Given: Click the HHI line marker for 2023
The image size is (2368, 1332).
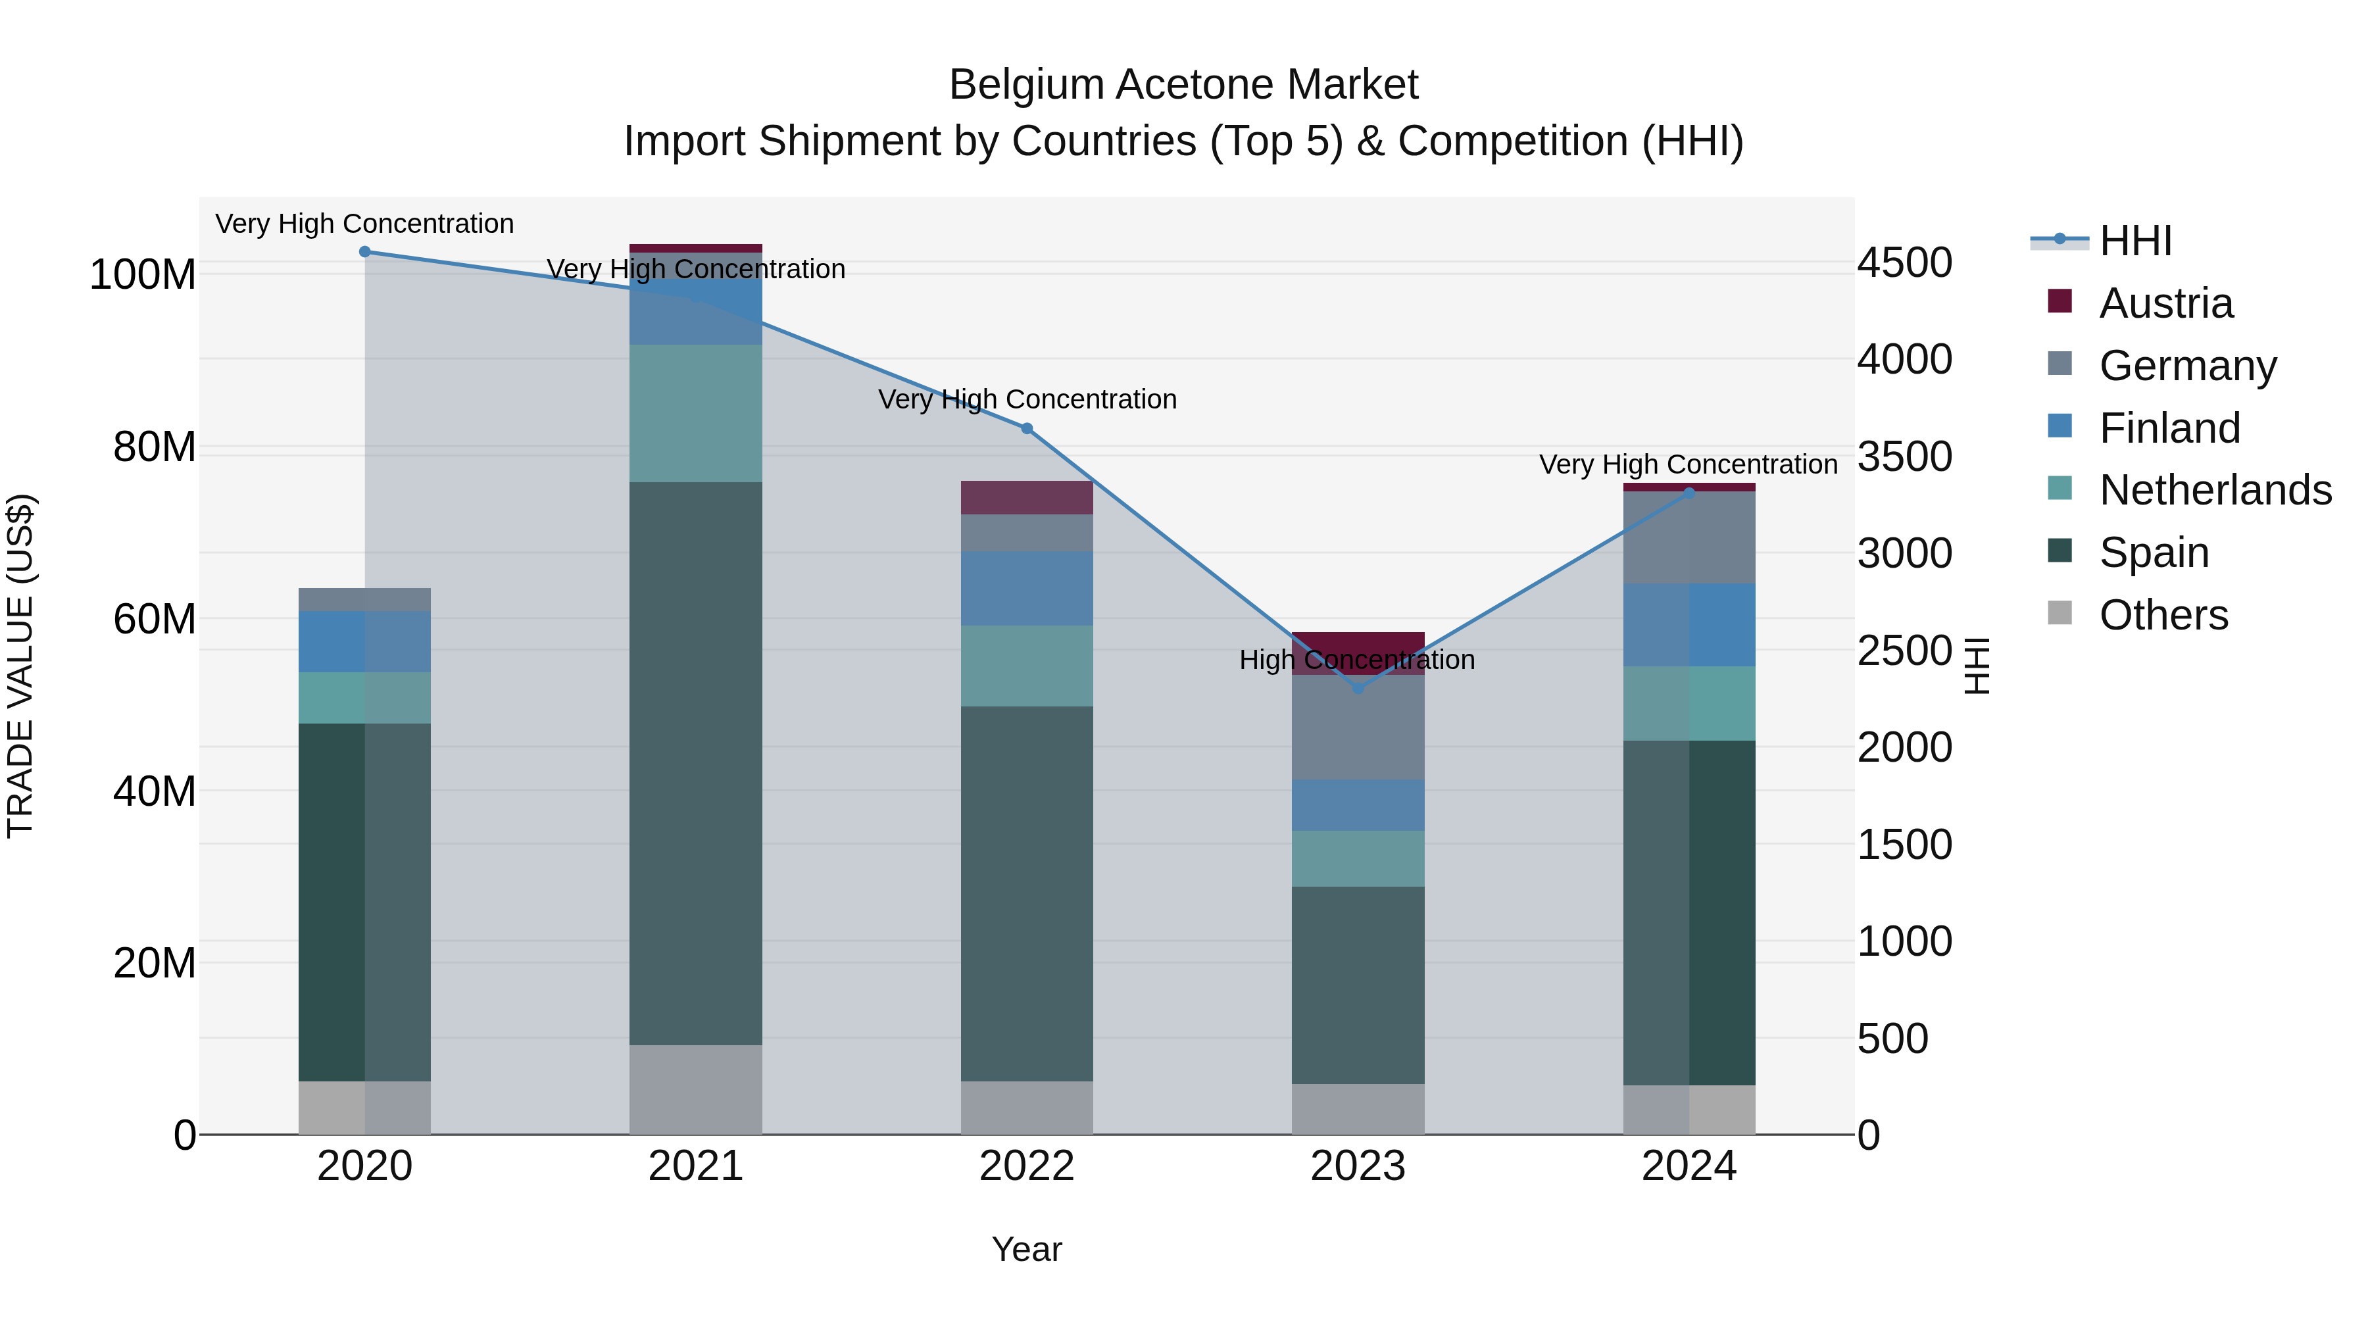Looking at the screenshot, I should click(x=1358, y=687).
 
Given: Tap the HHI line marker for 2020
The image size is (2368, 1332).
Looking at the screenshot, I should click(x=365, y=252).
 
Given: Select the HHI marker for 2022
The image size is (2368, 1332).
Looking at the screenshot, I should click(x=1027, y=428).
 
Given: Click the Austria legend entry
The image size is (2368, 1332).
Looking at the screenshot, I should click(x=2165, y=303).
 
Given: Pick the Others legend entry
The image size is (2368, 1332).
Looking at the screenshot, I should click(x=2163, y=615).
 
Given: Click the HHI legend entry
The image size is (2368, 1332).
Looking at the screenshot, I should click(x=2135, y=241).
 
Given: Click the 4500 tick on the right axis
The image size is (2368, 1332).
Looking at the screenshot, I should click(x=1905, y=263).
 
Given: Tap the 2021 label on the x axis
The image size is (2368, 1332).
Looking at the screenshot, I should click(x=696, y=1166).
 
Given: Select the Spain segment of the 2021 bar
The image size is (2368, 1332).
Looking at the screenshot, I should click(x=696, y=763).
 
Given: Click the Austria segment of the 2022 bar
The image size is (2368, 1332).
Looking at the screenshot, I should click(x=1027, y=497).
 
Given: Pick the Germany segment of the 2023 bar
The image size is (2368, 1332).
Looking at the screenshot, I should click(x=1358, y=727).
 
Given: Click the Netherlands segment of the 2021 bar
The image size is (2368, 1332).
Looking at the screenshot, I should click(x=696, y=414).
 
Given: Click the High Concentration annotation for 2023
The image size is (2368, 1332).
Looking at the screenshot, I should click(x=1357, y=660).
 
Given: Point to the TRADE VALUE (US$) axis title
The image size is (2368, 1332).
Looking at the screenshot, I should click(x=20, y=666).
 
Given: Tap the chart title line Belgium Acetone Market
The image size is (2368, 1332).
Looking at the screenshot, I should click(x=1183, y=85).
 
